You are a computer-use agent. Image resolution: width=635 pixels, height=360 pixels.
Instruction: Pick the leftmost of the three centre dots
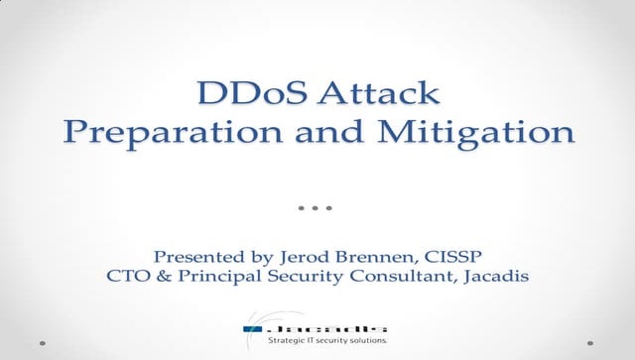point(302,209)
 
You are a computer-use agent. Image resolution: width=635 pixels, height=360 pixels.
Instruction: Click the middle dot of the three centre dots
point(315,209)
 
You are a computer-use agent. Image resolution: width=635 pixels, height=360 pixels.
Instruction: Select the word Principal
point(212,275)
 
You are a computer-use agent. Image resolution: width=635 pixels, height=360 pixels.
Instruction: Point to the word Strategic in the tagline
point(291,342)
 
